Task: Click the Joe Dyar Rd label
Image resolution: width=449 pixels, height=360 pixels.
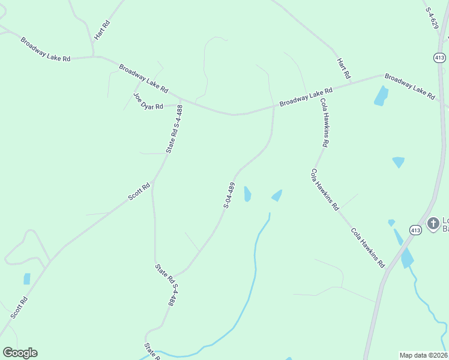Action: click(x=148, y=102)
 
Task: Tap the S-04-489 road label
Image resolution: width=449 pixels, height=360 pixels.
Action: click(x=229, y=194)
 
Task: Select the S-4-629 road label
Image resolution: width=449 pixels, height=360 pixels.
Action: click(x=434, y=18)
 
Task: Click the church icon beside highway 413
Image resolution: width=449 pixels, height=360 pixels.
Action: click(x=433, y=224)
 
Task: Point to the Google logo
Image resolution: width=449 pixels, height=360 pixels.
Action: click(x=20, y=353)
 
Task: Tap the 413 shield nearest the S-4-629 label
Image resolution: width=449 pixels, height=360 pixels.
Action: click(x=440, y=58)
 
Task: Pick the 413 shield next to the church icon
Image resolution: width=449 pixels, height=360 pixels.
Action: click(x=415, y=230)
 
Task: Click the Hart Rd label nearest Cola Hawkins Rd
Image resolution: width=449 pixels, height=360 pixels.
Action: click(x=343, y=68)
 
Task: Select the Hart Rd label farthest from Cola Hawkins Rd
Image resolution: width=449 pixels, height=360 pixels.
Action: click(x=102, y=31)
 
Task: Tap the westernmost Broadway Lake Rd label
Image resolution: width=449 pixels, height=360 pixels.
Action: click(x=46, y=50)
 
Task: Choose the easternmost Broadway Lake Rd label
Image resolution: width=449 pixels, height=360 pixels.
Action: click(x=409, y=86)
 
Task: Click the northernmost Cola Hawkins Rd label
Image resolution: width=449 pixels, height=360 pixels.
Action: click(x=324, y=123)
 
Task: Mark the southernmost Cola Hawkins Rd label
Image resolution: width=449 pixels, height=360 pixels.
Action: click(x=367, y=247)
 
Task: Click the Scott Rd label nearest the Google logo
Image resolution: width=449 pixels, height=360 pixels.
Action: click(x=19, y=308)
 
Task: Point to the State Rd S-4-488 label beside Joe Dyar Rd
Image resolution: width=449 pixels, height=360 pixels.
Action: click(x=174, y=128)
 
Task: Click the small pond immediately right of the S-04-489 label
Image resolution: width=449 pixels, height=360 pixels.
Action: click(x=247, y=194)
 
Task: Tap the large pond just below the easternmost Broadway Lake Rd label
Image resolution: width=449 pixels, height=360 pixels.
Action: click(x=381, y=96)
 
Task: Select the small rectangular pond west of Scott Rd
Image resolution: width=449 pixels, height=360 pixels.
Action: click(x=27, y=279)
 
